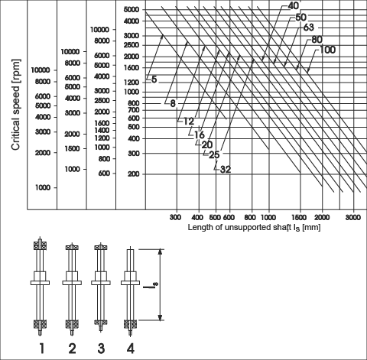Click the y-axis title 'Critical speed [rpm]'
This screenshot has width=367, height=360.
[16, 105]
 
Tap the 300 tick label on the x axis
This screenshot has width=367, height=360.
[175, 217]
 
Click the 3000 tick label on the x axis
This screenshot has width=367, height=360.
[353, 217]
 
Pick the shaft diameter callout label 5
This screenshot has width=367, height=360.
[154, 79]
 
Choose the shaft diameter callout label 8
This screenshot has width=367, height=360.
[173, 103]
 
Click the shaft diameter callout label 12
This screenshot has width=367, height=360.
[189, 122]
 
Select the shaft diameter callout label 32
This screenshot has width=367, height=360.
[226, 169]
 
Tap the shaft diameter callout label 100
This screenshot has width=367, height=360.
[327, 50]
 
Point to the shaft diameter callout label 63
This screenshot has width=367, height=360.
[309, 28]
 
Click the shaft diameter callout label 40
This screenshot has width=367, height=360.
[293, 6]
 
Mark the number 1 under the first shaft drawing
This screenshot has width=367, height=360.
[41, 348]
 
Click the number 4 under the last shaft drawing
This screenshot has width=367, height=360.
[130, 348]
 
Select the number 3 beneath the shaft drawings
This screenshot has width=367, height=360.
[101, 348]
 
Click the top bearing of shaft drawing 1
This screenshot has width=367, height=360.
[41, 246]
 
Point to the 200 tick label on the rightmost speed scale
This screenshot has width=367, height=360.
[133, 174]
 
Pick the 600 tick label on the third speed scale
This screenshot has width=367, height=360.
[104, 174]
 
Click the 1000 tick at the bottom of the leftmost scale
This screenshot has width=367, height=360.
[43, 187]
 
